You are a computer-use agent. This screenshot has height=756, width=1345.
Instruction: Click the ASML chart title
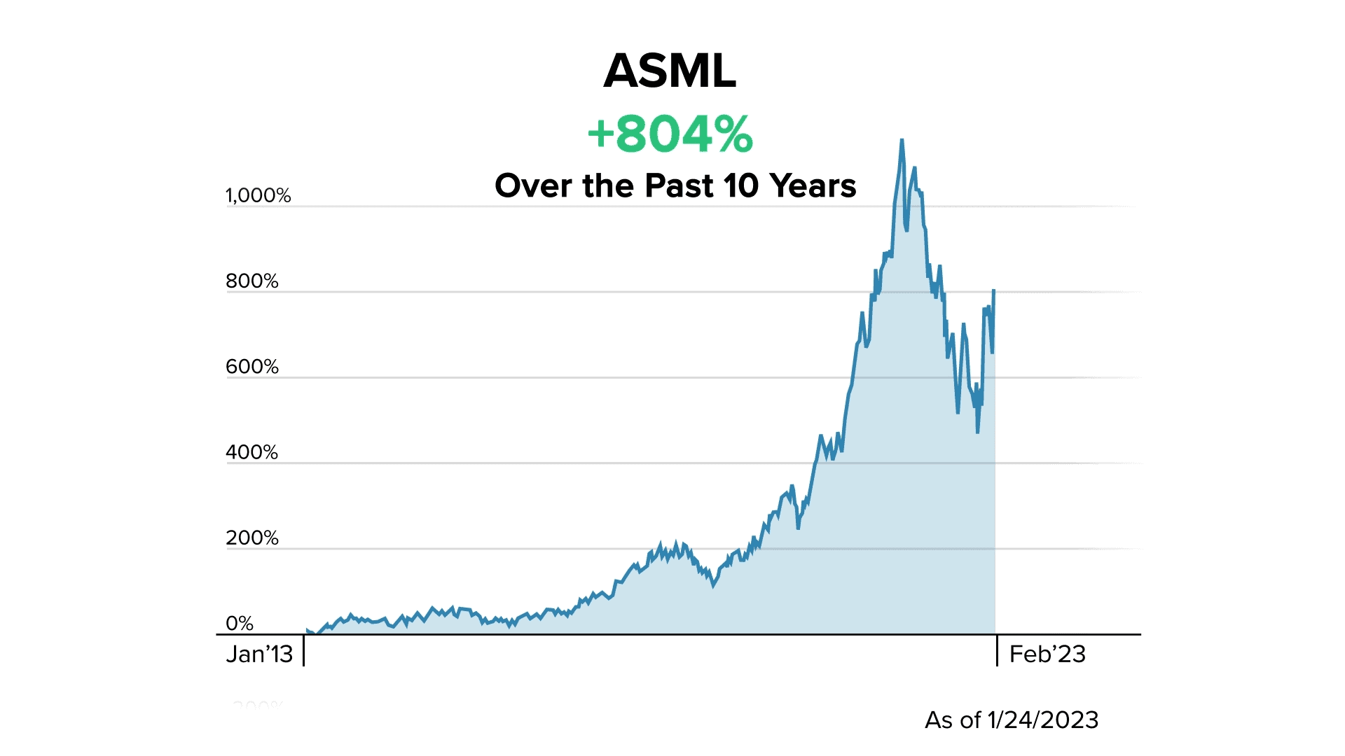click(670, 71)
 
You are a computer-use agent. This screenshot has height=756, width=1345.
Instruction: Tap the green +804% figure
click(670, 134)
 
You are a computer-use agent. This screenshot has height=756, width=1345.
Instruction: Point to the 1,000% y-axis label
click(258, 195)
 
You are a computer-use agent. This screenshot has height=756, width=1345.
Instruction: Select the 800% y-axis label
click(252, 281)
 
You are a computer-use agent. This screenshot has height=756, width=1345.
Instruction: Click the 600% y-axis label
click(252, 367)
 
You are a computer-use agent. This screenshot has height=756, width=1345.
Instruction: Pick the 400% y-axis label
click(252, 452)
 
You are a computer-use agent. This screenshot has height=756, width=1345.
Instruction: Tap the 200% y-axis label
click(252, 538)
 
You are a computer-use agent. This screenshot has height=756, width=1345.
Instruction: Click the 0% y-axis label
click(240, 623)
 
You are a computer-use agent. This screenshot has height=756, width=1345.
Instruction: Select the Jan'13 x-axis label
click(259, 654)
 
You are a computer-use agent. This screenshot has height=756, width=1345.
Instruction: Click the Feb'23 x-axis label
click(1047, 654)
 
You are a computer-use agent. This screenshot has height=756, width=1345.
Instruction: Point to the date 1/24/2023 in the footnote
click(1042, 720)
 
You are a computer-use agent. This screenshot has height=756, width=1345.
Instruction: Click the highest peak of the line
click(902, 140)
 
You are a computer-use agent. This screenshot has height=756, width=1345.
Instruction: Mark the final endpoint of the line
click(993, 290)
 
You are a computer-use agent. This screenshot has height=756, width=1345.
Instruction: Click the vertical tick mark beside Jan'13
click(304, 650)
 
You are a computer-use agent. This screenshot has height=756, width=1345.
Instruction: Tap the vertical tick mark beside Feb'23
click(997, 650)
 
